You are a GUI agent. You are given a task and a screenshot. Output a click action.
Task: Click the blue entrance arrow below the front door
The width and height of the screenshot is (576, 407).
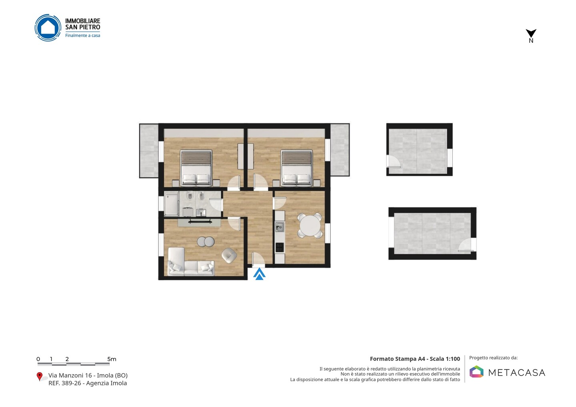click(x=259, y=274)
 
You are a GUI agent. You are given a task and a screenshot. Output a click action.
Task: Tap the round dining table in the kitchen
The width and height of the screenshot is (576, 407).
click(x=310, y=225)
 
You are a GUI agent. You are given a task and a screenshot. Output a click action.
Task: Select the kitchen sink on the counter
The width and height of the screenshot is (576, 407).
click(x=280, y=227)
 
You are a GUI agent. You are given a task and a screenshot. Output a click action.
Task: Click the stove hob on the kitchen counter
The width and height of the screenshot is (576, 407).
click(x=280, y=247)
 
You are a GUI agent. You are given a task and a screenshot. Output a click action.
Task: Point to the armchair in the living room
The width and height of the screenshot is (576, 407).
click(x=229, y=255)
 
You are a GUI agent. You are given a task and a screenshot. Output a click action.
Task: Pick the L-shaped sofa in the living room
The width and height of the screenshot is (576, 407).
click(x=191, y=261)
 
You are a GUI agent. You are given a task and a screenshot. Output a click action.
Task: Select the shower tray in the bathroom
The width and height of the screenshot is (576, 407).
click(x=172, y=204)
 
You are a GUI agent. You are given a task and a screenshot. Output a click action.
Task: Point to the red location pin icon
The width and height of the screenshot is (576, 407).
click(x=39, y=377)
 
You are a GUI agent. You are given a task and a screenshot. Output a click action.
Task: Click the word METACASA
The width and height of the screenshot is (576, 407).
click(x=517, y=373)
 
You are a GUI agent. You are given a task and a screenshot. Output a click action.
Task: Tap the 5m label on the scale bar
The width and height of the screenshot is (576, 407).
click(x=112, y=359)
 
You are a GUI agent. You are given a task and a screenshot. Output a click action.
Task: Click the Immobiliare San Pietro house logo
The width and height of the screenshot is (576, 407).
click(x=48, y=28)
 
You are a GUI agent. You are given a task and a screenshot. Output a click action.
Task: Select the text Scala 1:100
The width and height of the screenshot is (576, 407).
click(x=445, y=359)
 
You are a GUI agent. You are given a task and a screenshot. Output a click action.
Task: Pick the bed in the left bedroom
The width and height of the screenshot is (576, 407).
click(x=196, y=168)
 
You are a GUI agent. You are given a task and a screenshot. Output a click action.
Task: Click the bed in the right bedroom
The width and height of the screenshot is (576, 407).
click(x=297, y=168)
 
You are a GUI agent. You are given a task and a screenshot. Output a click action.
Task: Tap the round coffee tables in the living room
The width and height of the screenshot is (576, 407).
click(x=206, y=241)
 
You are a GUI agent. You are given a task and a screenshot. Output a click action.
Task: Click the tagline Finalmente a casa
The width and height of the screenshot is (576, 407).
click(x=82, y=36)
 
